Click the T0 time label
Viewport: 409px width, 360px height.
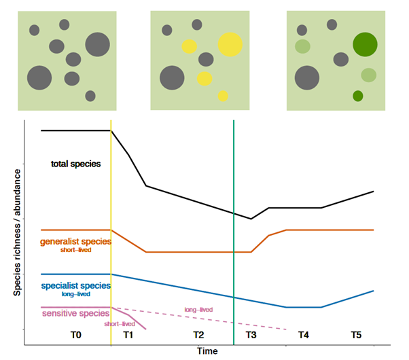click(x=76, y=335)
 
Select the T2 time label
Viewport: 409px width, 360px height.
click(x=198, y=335)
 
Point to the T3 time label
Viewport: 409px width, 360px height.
click(x=251, y=335)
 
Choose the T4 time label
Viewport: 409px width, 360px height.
click(x=303, y=335)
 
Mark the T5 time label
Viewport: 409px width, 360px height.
click(x=356, y=335)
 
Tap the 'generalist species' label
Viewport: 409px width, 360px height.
click(x=75, y=240)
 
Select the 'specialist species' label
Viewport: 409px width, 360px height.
click(x=75, y=285)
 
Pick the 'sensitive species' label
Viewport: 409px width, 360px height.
click(x=75, y=313)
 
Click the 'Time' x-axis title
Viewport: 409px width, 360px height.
click(x=207, y=351)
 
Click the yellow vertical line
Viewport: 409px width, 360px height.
click(x=111, y=204)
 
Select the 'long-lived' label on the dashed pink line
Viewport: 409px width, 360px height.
click(x=198, y=310)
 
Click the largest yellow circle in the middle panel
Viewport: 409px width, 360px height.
click(x=230, y=45)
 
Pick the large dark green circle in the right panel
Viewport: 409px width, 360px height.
click(x=365, y=45)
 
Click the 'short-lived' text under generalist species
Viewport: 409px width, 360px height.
click(x=75, y=250)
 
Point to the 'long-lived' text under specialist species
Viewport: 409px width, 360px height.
click(x=75, y=294)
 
